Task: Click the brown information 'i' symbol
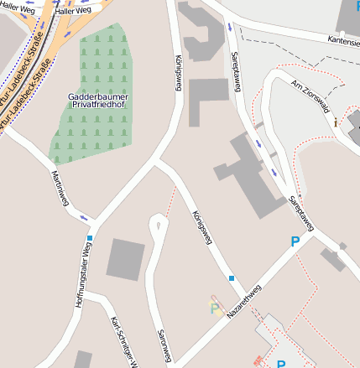pos(336,122)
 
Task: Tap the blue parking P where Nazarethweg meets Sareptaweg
pos(295,241)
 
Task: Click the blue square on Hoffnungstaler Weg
pos(89,238)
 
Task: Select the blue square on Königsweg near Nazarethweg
pos(231,277)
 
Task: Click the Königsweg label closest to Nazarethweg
pos(201,227)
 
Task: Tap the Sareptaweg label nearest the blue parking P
pos(300,213)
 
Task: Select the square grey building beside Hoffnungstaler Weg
pos(126,259)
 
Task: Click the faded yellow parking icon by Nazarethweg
pos(217,306)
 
